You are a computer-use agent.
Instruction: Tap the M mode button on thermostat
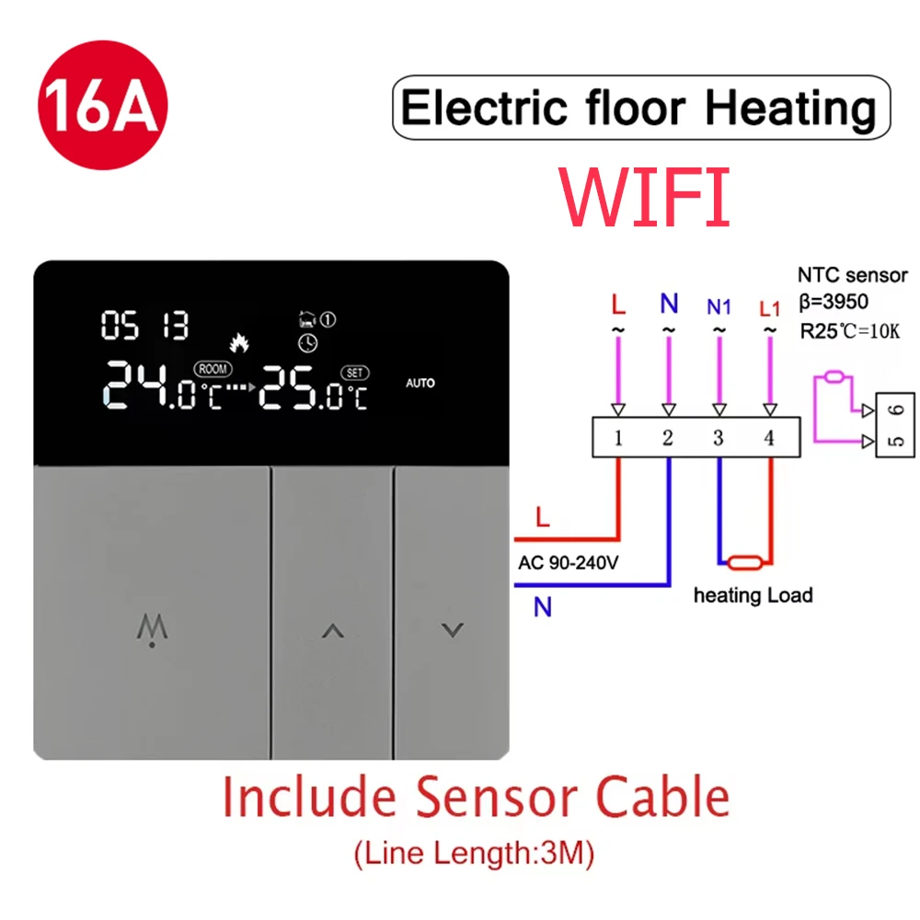(x=150, y=629)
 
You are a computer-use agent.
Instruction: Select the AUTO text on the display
(x=420, y=383)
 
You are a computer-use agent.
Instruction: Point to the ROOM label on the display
(x=212, y=369)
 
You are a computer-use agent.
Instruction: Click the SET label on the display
(x=354, y=373)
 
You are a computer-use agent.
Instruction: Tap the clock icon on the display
(x=307, y=342)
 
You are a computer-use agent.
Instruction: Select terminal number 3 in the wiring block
(x=719, y=438)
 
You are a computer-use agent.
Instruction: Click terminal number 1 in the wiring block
(x=618, y=438)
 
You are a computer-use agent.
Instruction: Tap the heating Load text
(x=753, y=595)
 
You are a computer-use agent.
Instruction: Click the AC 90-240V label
(x=567, y=563)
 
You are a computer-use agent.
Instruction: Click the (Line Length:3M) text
(x=474, y=854)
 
